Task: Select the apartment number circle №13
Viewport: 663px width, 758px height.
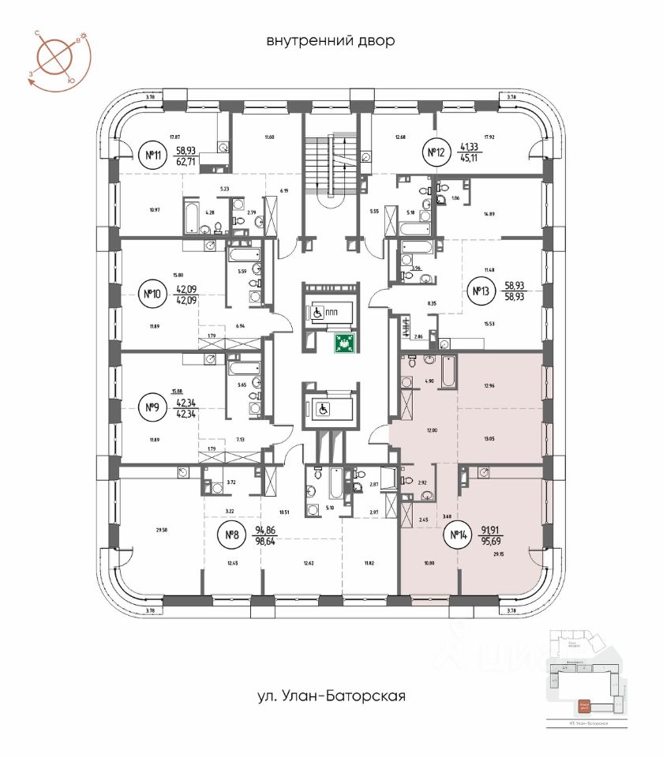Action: tap(479, 292)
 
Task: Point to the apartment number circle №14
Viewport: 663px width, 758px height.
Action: tap(458, 538)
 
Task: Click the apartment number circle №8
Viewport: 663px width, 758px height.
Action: tap(233, 537)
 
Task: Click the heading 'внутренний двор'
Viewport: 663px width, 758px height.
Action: tap(329, 40)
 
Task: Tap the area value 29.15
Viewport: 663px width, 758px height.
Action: tap(496, 556)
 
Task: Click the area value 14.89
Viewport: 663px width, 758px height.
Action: tap(496, 213)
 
